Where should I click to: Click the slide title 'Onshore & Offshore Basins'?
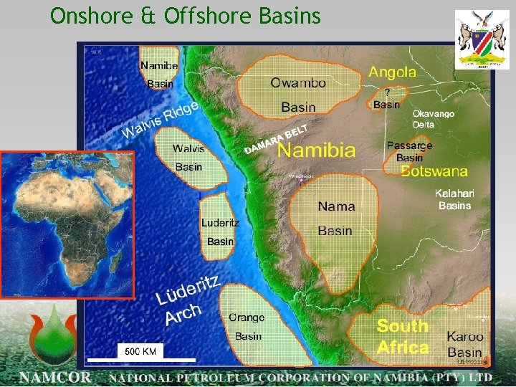pos(186,16)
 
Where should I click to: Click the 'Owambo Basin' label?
pos(298,95)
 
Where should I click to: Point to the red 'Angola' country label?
pos(392,72)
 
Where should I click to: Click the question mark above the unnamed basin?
pos(388,92)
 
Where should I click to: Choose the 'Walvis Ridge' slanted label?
pos(159,119)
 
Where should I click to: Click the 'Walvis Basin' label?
pos(188,158)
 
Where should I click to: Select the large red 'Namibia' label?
pos(316,150)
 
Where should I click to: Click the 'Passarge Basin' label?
pos(409,151)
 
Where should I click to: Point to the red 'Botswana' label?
pos(434,171)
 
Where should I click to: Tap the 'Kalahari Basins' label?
pos(454,199)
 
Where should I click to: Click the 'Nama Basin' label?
pos(335,218)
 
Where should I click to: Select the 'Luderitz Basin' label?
pos(220,232)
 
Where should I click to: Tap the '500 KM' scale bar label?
pos(140,350)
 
